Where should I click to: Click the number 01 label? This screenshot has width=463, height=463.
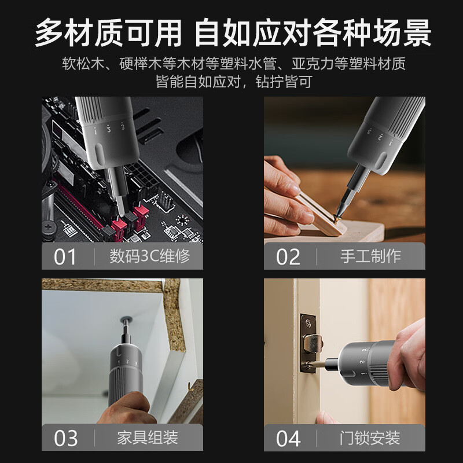(x=65, y=256)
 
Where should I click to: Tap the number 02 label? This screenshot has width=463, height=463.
(x=288, y=256)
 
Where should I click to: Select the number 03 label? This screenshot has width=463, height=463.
(x=65, y=438)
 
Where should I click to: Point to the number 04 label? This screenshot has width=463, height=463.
(x=288, y=438)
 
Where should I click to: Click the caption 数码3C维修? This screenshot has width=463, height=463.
(x=149, y=256)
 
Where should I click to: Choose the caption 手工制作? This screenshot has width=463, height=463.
(x=371, y=256)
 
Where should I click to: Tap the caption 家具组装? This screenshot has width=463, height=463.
(x=149, y=438)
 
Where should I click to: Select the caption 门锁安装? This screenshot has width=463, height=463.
(x=371, y=438)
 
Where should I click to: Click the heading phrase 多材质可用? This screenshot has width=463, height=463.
(x=108, y=34)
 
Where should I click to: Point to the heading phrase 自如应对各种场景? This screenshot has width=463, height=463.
(x=313, y=34)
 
